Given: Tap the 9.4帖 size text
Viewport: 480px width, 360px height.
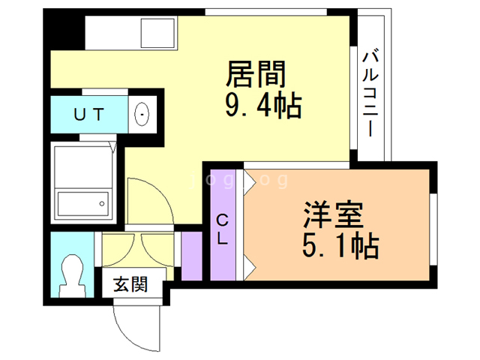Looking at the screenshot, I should click(262, 107).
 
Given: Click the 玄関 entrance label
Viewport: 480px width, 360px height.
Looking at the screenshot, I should click(130, 285).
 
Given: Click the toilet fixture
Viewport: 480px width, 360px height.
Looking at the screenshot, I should click(73, 274).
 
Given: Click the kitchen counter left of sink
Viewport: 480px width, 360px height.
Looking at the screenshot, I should click(112, 32).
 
